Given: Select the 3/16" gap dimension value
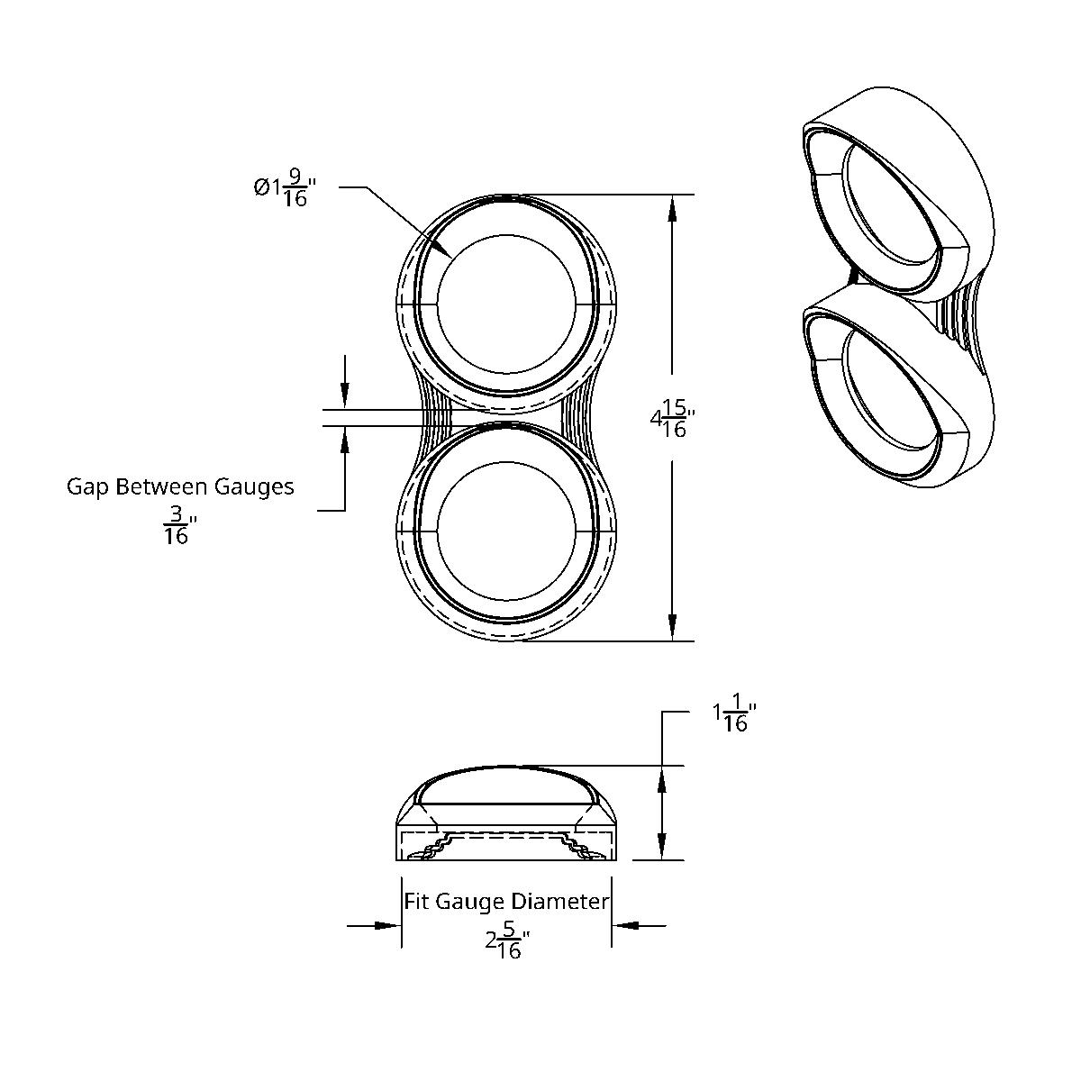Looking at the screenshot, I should click(177, 526).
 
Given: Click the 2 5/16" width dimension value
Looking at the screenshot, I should click(507, 940).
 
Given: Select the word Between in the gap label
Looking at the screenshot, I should click(165, 487).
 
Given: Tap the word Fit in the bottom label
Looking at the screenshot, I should click(414, 902).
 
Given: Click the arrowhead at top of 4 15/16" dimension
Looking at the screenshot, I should click(672, 207).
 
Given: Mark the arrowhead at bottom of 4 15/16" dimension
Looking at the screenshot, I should click(672, 628).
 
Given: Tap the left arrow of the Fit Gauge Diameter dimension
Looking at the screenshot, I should click(387, 924).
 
